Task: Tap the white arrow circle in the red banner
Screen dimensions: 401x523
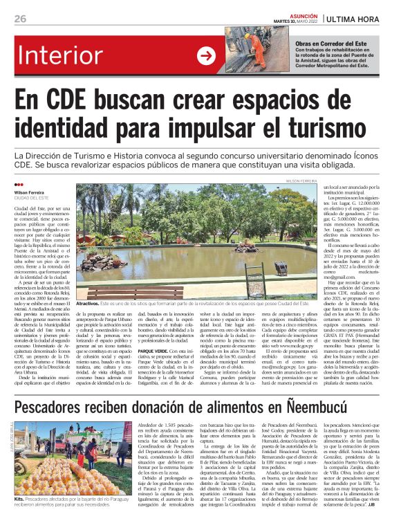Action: [206, 55]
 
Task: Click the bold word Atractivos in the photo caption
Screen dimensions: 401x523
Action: [88, 304]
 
